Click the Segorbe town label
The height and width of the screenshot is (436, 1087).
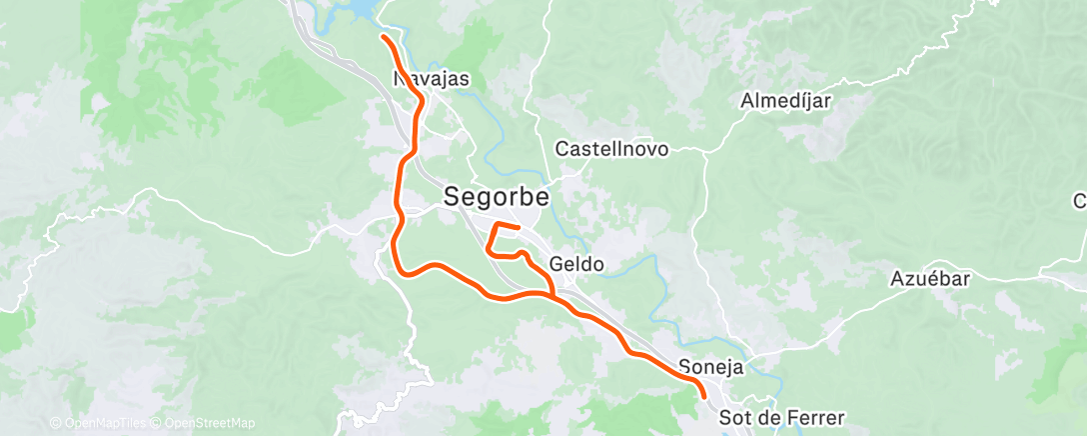tap(496, 199)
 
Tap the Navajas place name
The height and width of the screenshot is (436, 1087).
tap(432, 78)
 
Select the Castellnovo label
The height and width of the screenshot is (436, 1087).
tap(611, 148)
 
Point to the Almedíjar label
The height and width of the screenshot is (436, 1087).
tap(786, 101)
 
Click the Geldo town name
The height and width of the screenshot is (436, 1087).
tap(576, 265)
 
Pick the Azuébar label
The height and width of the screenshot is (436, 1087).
tap(930, 279)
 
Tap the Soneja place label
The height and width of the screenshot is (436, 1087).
tap(710, 366)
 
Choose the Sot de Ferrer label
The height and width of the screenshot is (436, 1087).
tap(782, 417)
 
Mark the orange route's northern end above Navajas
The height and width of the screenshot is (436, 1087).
tap(384, 37)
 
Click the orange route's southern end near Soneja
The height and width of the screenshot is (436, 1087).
tap(704, 396)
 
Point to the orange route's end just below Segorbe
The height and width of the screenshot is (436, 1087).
tap(519, 229)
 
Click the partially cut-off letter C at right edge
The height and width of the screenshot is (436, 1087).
tap(1080, 201)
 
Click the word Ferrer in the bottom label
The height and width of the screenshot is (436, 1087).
tap(814, 417)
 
